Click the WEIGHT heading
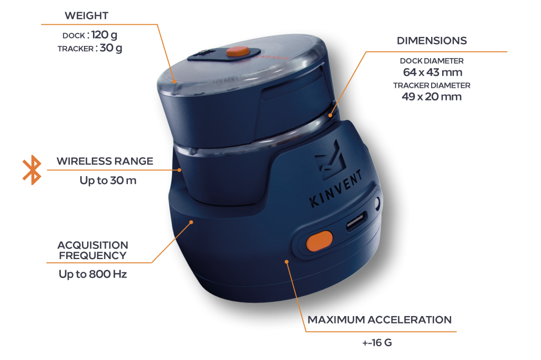pyautogui.click(x=87, y=15)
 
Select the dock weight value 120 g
pyautogui.click(x=104, y=35)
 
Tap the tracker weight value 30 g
pyautogui.click(x=111, y=48)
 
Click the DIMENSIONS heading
pyautogui.click(x=432, y=41)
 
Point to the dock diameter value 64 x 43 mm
pyautogui.click(x=432, y=72)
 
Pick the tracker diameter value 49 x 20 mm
pyautogui.click(x=432, y=96)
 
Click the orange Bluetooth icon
pyautogui.click(x=32, y=170)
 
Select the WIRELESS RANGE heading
pyautogui.click(x=105, y=161)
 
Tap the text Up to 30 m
pyautogui.click(x=108, y=180)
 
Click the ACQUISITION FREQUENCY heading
pyautogui.click(x=93, y=250)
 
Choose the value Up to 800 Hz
pyautogui.click(x=93, y=274)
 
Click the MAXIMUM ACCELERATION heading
pyautogui.click(x=379, y=320)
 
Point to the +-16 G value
pyautogui.click(x=377, y=343)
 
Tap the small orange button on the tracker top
pyautogui.click(x=238, y=51)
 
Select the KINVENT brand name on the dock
pyautogui.click(x=335, y=188)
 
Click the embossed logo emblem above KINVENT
pyautogui.click(x=331, y=160)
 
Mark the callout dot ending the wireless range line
pyautogui.click(x=179, y=170)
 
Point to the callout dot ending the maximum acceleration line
pyautogui.click(x=286, y=262)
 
